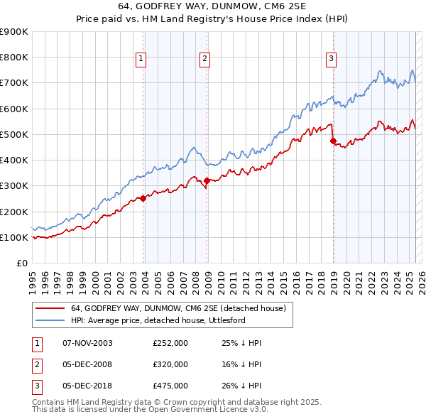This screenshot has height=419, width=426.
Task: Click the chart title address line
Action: coord(212,6)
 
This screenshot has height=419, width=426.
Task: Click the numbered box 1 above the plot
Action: coord(141,59)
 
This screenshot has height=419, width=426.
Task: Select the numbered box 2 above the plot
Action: coord(204,59)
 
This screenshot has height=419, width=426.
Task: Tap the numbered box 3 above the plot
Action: coord(331,59)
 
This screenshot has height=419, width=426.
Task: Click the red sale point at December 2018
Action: coord(333,141)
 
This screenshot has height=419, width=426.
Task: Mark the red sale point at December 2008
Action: coord(207,181)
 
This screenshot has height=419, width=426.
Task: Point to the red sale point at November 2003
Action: coord(143,199)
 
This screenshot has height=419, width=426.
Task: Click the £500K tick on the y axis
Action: coord(14,134)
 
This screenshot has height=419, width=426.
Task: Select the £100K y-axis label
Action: coord(14,237)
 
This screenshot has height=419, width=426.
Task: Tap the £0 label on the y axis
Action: coord(21,263)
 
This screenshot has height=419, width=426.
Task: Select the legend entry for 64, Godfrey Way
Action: coord(177,308)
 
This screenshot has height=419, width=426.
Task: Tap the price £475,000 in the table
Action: coord(170,386)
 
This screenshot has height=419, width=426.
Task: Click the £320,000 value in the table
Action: coord(170,364)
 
